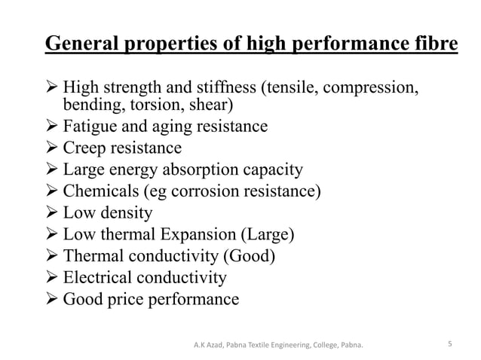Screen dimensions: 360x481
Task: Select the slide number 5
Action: click(x=449, y=345)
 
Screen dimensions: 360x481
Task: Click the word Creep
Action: click(x=86, y=147)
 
